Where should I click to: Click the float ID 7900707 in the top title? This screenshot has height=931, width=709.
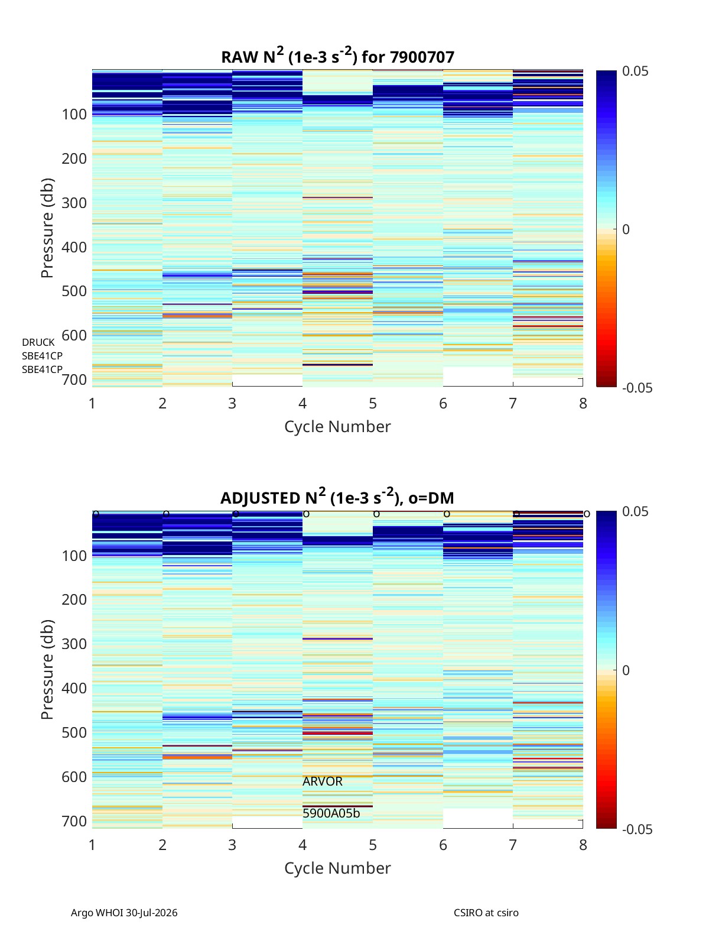(x=422, y=57)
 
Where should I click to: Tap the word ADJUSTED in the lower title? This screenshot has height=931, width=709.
(x=260, y=498)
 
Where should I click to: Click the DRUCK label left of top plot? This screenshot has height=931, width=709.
(x=38, y=342)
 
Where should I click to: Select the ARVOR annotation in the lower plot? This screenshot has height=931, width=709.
(x=322, y=781)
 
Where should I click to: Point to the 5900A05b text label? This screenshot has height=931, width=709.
(x=331, y=813)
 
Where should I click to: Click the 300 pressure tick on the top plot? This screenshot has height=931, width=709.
(x=74, y=203)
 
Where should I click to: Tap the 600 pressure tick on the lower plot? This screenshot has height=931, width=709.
(x=74, y=777)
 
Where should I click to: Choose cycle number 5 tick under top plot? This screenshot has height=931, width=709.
(x=372, y=403)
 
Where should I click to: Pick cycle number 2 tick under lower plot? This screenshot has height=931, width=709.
(x=162, y=845)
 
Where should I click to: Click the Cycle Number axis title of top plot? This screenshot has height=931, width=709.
(x=337, y=427)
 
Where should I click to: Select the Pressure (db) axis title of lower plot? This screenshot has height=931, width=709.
(x=47, y=669)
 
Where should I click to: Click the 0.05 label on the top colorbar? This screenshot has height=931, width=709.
(x=635, y=72)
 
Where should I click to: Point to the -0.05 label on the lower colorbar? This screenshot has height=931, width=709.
(x=637, y=829)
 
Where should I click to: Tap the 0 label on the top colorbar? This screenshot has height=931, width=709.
(x=626, y=229)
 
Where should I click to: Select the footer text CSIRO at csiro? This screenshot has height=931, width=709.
(x=486, y=913)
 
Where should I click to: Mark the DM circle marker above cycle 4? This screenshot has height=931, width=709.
(x=306, y=514)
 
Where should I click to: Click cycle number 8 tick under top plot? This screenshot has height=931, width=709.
(x=583, y=403)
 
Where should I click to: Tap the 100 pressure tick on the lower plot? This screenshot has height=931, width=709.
(x=74, y=556)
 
